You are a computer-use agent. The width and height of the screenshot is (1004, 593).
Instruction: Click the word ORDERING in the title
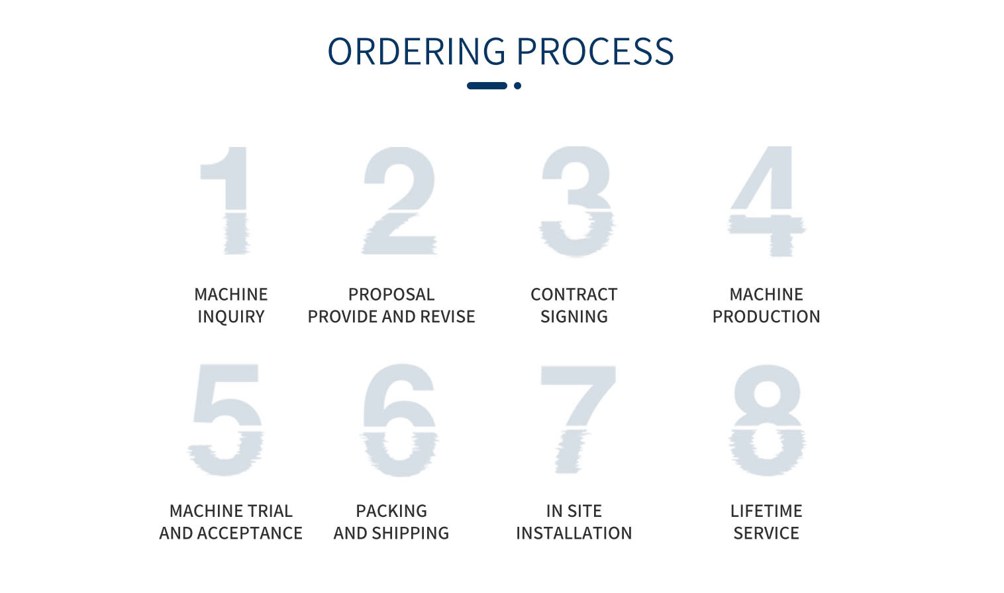(417, 52)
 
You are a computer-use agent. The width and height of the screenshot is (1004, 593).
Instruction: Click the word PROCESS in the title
(595, 52)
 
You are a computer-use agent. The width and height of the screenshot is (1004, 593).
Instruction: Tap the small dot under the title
(518, 85)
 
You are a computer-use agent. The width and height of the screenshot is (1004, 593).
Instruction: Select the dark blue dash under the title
(487, 85)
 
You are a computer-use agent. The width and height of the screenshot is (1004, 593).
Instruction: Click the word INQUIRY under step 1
(231, 316)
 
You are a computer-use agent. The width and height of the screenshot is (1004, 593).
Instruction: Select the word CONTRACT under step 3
(574, 295)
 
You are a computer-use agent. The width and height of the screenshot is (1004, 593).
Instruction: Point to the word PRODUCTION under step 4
(766, 316)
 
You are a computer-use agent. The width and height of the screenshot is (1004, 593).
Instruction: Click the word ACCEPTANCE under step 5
(250, 533)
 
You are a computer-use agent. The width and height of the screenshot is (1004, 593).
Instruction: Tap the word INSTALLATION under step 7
(574, 533)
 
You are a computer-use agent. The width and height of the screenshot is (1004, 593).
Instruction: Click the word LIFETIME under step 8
(766, 511)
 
